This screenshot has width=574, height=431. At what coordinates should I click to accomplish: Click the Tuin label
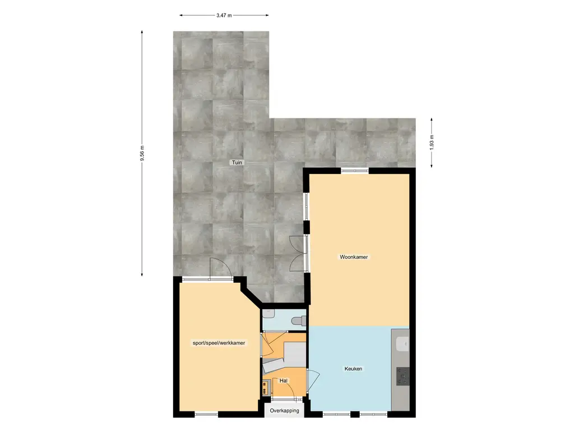click(x=237, y=162)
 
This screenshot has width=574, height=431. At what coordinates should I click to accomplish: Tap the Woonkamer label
click(x=354, y=257)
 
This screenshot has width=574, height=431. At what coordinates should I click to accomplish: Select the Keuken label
click(x=353, y=369)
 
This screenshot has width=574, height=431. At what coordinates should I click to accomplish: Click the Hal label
click(x=283, y=381)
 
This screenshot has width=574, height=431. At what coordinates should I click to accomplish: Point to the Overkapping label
click(x=284, y=410)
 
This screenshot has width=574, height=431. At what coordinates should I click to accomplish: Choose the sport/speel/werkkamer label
click(x=219, y=343)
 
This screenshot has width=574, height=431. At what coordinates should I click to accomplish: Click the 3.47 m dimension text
click(x=224, y=15)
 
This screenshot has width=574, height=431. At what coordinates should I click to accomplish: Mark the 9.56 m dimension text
click(x=142, y=153)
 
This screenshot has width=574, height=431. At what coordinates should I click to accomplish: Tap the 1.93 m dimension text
click(x=432, y=143)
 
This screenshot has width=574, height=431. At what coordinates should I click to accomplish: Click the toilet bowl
click(x=298, y=320)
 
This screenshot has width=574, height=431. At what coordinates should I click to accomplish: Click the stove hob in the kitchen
click(x=402, y=377)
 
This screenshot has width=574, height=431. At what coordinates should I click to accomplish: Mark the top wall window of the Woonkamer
click(x=355, y=171)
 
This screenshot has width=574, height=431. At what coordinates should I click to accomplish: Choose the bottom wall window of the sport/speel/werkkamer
click(x=206, y=414)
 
